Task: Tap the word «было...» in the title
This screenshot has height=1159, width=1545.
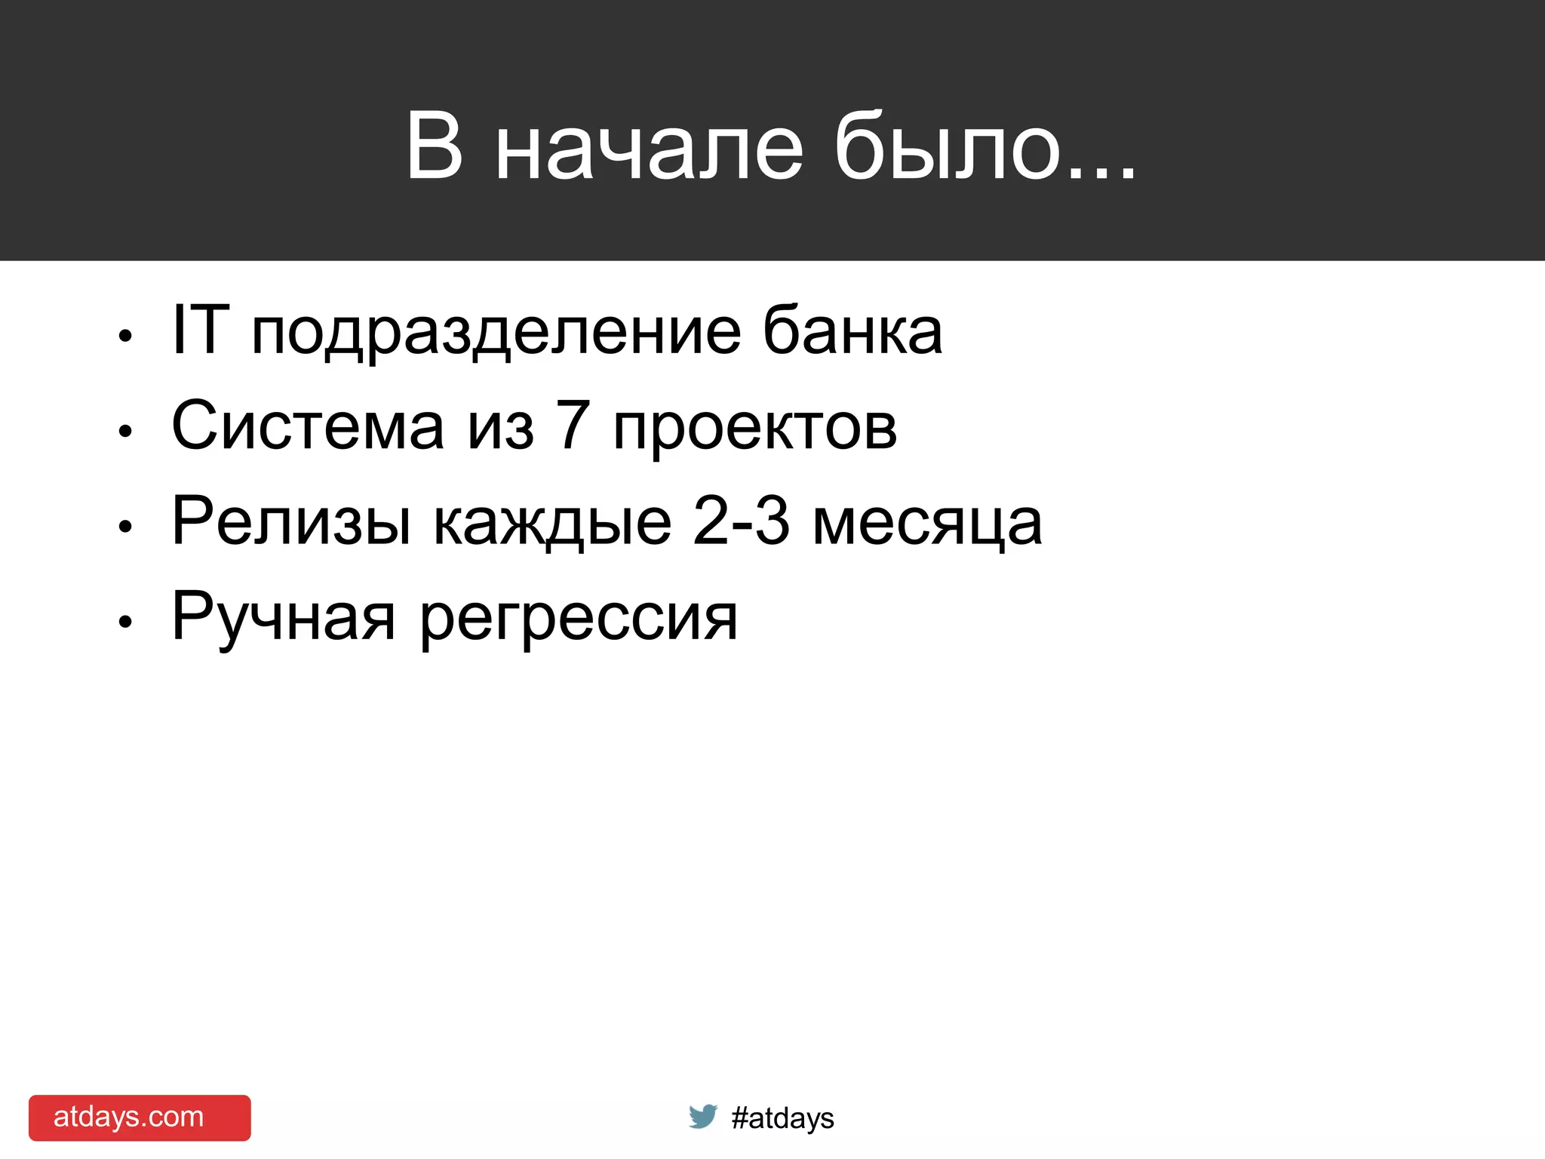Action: click(x=984, y=147)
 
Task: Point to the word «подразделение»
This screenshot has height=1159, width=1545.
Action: click(x=496, y=334)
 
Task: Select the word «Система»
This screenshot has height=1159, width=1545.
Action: click(x=308, y=426)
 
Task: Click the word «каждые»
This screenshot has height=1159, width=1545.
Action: click(x=552, y=524)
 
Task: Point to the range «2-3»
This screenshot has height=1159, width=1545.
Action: click(x=741, y=521)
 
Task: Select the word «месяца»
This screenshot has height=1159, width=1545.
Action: click(x=927, y=524)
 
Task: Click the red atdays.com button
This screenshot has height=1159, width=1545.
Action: click(x=140, y=1117)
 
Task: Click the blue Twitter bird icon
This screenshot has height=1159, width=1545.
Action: click(x=702, y=1116)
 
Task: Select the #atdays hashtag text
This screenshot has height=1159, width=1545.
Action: click(x=782, y=1118)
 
